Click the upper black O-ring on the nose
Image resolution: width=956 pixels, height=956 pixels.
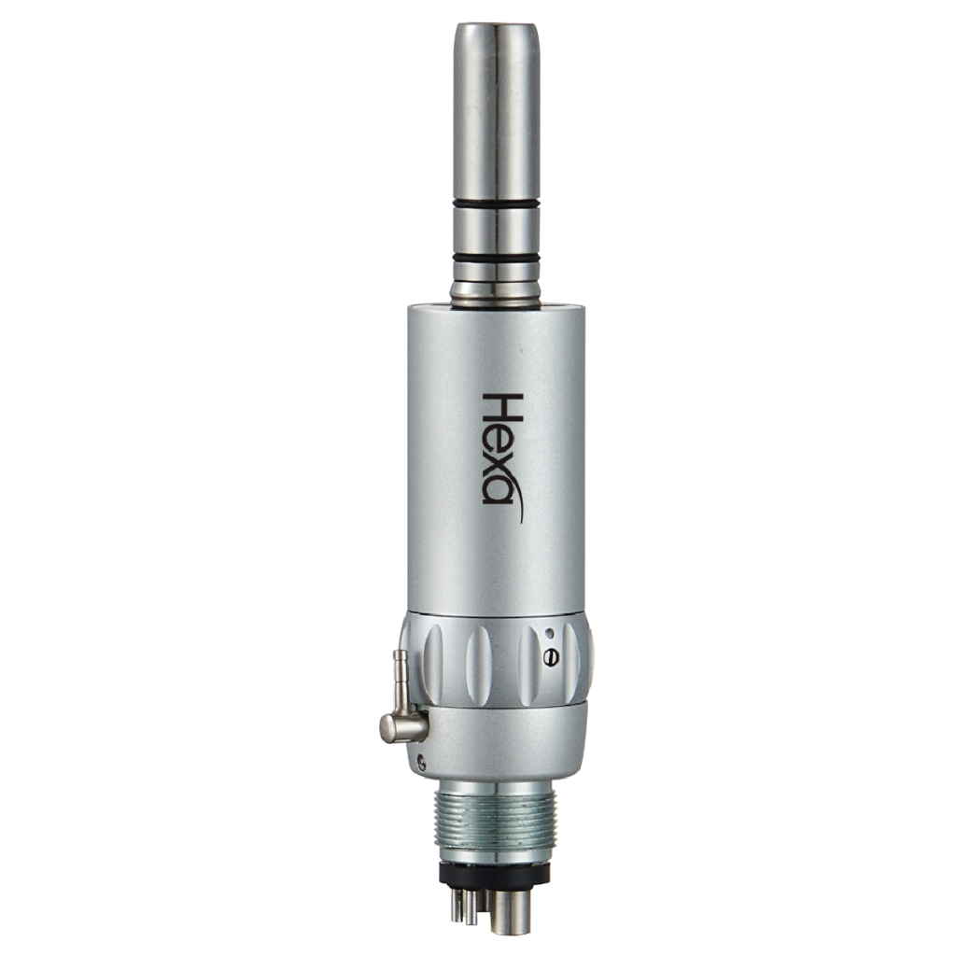(496, 204)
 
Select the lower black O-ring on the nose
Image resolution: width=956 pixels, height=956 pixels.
(496, 257)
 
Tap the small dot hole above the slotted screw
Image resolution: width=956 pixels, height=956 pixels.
(549, 632)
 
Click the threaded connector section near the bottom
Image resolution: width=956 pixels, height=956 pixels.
(496, 817)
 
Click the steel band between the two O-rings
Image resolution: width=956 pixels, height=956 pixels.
(496, 230)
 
